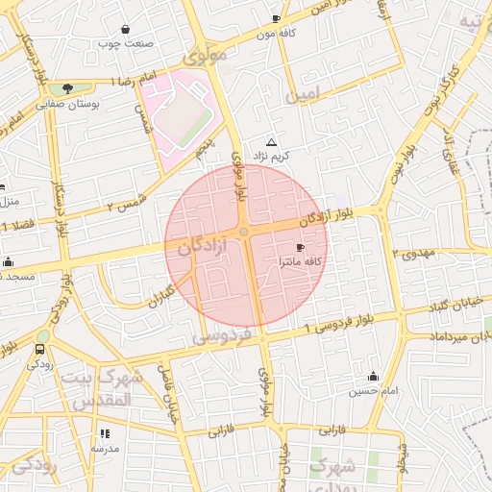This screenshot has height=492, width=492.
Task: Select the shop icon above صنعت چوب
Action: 126,29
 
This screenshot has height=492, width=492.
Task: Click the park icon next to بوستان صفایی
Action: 66,88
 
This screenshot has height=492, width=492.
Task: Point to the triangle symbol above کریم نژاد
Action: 271,141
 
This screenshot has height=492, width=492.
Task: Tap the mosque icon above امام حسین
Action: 373,376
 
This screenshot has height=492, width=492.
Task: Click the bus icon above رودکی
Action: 40,350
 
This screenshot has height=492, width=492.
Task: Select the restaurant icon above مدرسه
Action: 105,433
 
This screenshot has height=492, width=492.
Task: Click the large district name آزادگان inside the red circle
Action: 202,247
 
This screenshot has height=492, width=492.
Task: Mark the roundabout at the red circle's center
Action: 245,232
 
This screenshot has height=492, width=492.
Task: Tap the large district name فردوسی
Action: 222,336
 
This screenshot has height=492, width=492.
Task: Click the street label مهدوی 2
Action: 415,253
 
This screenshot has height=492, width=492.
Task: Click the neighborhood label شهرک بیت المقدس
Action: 103,386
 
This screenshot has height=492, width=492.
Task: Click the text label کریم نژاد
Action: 272,155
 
